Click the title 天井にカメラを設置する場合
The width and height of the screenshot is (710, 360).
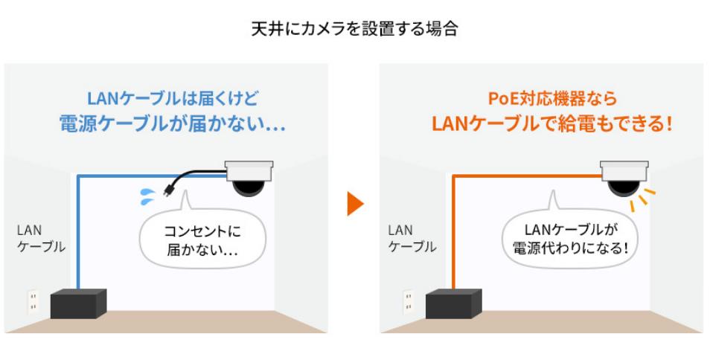354,30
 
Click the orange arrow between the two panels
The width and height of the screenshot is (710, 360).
355,203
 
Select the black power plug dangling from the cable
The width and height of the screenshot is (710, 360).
167,190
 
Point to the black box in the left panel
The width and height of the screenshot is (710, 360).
78,303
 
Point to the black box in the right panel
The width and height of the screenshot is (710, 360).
453,303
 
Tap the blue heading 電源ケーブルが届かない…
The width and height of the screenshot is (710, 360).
173,123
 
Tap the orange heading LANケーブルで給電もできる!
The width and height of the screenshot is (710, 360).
551,123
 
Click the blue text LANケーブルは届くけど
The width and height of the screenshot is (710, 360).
173,97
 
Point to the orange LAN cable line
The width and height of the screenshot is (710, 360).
452,231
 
